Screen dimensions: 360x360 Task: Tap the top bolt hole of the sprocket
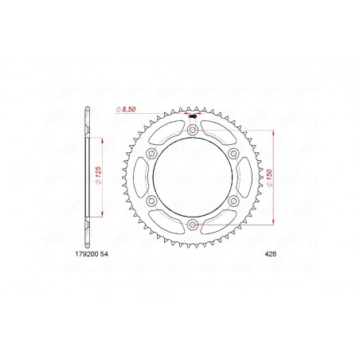[x=194, y=128]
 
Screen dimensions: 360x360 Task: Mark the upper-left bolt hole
[x=151, y=154]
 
